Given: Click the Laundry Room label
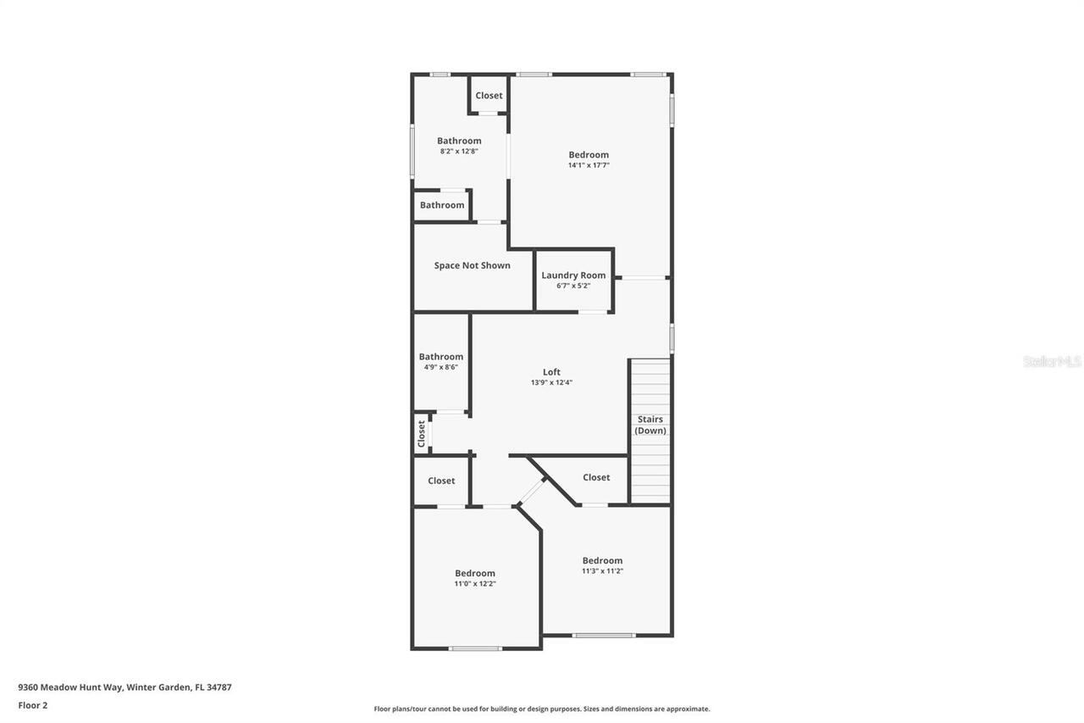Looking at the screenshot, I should pos(573,275).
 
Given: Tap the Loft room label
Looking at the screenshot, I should pos(551,372).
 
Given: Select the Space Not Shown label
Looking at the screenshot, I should pos(472,265).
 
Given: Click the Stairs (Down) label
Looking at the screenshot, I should pos(650,425).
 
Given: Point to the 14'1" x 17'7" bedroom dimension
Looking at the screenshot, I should pos(589,165).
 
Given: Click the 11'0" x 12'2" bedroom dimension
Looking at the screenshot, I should pos(474,584).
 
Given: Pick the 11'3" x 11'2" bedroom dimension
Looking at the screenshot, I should pos(602,571).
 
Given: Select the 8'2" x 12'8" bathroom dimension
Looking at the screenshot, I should pos(459,152).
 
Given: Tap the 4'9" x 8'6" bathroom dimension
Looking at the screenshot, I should pos(440,368).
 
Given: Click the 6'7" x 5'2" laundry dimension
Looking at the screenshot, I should pos(573,286).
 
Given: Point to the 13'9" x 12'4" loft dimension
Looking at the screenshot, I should pos(551,382).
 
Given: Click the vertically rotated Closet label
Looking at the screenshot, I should pos(421,434).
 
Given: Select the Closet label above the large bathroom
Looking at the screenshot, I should pos(489,96).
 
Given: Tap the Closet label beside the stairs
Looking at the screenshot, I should pos(596,477).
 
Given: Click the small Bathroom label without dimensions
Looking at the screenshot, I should pos(442,205).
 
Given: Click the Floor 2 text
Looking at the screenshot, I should pos(33,705).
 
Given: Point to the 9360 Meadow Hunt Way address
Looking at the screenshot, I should pos(124,687).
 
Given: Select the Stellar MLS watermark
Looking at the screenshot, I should pos(1052,362).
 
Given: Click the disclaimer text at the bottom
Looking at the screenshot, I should pos(542,709).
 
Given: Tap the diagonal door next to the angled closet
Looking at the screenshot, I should pos(532,492).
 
